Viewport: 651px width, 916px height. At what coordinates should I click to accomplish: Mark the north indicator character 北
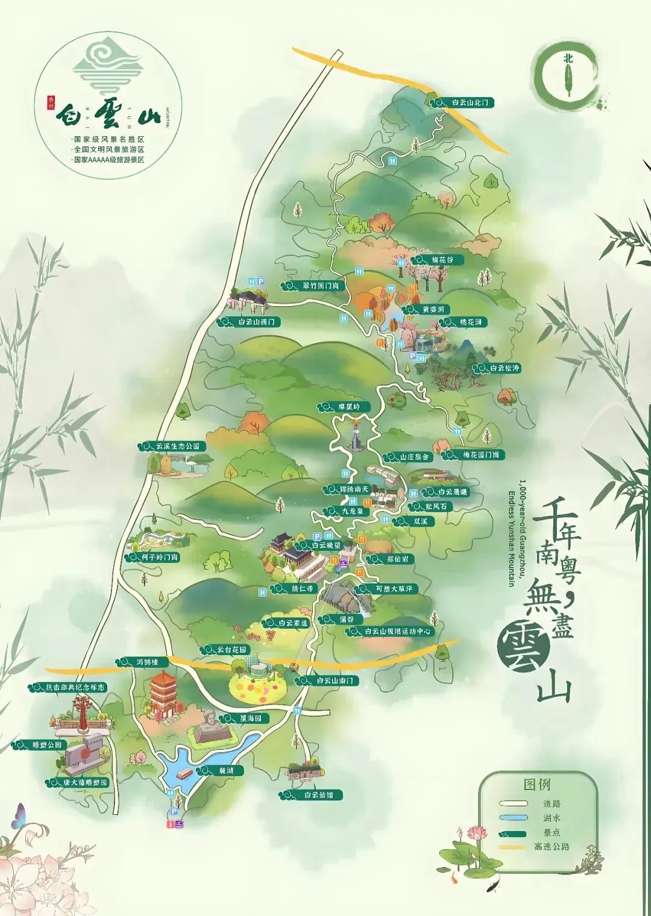coord(567,59)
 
